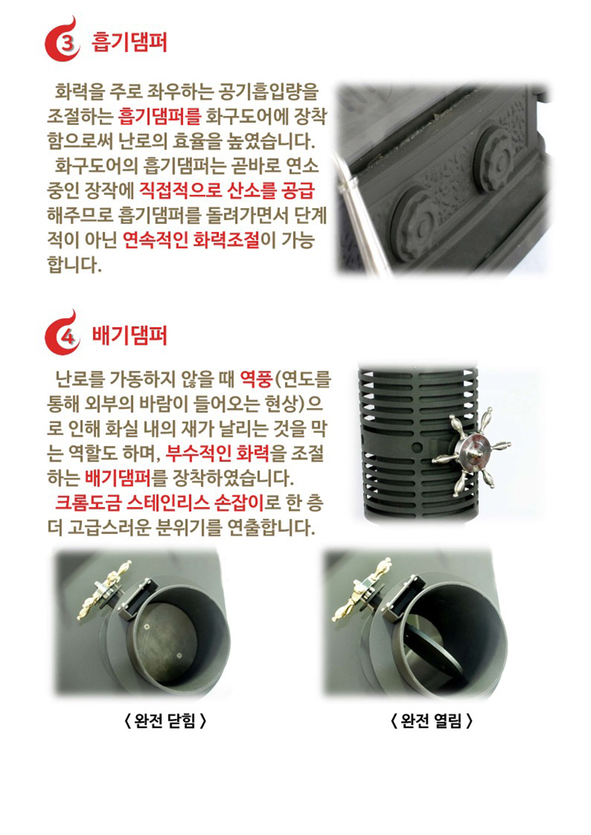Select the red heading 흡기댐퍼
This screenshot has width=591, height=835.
coord(129,42)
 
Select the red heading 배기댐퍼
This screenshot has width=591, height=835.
coord(129,336)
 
